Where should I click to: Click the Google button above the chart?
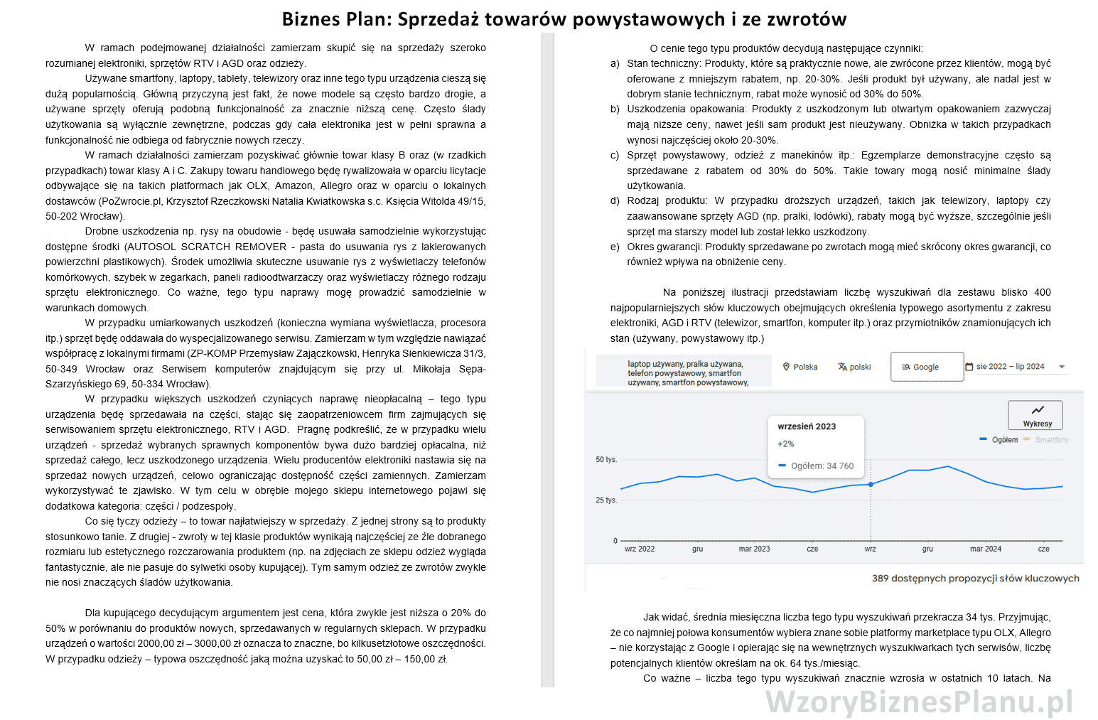(x=926, y=367)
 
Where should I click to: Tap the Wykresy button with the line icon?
(x=1037, y=415)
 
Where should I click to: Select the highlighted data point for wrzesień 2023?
(x=871, y=484)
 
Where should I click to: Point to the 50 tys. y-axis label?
(x=606, y=460)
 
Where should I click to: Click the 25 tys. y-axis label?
(x=606, y=500)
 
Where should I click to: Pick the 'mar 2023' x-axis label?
(x=754, y=549)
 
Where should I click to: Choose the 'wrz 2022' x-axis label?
(x=639, y=549)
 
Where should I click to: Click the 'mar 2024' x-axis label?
(x=985, y=549)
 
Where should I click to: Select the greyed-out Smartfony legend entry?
(x=1051, y=440)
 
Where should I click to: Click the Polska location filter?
(x=800, y=367)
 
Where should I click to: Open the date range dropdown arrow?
(x=1062, y=367)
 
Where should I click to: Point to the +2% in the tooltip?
(x=786, y=444)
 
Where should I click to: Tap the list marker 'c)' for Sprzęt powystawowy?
(x=615, y=156)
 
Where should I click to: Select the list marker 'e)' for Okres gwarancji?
(x=615, y=247)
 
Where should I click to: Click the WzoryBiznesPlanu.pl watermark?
(x=918, y=702)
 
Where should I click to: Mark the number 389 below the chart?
(x=880, y=579)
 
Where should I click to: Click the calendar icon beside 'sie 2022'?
(x=969, y=367)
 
